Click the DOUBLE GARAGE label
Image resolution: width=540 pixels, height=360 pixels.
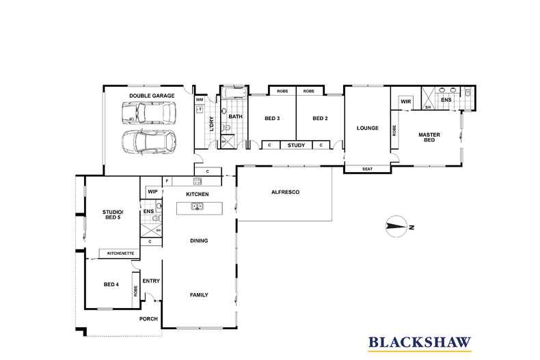(152, 96)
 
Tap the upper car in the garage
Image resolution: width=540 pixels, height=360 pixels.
(149, 113)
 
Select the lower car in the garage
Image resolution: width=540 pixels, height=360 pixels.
(149, 142)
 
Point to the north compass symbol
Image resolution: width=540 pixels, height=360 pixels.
(396, 227)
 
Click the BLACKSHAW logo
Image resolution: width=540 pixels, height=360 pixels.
(420, 343)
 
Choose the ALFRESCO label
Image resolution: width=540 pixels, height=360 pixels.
(286, 192)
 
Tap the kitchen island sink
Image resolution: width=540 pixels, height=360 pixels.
(197, 206)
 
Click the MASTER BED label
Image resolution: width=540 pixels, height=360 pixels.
(429, 137)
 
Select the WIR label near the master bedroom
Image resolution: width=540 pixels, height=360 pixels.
(406, 102)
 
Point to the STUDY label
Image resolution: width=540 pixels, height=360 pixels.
(296, 146)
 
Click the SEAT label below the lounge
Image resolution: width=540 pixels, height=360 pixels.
(368, 169)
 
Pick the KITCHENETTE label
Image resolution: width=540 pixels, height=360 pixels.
(120, 253)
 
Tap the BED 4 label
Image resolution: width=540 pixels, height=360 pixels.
(111, 285)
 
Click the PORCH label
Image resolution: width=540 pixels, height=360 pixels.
(148, 319)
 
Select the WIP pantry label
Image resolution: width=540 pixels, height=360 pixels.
(152, 192)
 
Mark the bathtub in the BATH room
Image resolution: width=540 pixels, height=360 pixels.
(234, 93)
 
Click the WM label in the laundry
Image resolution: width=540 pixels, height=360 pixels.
(200, 100)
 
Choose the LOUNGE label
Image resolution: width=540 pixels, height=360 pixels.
(368, 128)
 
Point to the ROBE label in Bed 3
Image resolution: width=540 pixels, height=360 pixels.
(282, 92)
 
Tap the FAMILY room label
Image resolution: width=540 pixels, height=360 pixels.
(199, 295)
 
